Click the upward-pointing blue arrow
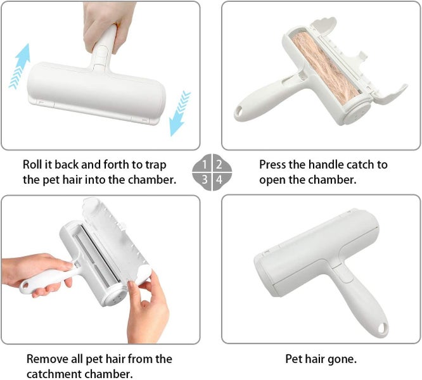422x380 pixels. click(20, 66)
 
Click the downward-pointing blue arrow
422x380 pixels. click(179, 113)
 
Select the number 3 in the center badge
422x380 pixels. click(205, 180)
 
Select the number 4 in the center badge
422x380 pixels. click(219, 180)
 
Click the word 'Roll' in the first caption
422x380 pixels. click(34, 165)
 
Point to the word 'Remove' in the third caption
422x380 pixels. click(46, 359)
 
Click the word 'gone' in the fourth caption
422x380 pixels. click(342, 359)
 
